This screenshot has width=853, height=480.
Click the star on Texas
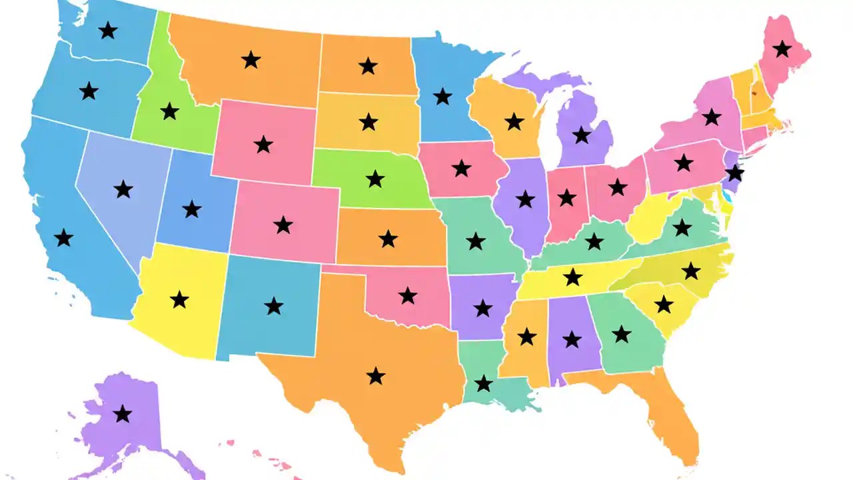click(x=376, y=376)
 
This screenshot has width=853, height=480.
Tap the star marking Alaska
click(x=122, y=414)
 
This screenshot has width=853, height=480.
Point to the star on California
click(x=63, y=237)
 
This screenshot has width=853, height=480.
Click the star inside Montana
click(x=251, y=60)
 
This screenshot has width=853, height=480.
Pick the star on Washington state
click(x=107, y=30)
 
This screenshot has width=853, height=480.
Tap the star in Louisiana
click(x=484, y=383)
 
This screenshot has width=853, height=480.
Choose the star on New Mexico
click(x=273, y=306)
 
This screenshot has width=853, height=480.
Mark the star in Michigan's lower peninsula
click(x=582, y=135)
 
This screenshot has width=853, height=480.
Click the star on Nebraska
click(x=375, y=179)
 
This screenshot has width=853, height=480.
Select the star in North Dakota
click(x=368, y=66)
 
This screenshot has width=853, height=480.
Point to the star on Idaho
click(x=170, y=111)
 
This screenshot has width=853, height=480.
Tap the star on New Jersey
click(x=734, y=173)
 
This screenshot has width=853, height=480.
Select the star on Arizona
click(x=179, y=299)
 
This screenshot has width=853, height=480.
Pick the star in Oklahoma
click(x=408, y=295)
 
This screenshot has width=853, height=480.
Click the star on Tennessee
click(x=572, y=276)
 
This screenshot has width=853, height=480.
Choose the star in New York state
click(x=712, y=117)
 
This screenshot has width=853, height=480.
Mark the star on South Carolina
click(x=664, y=305)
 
